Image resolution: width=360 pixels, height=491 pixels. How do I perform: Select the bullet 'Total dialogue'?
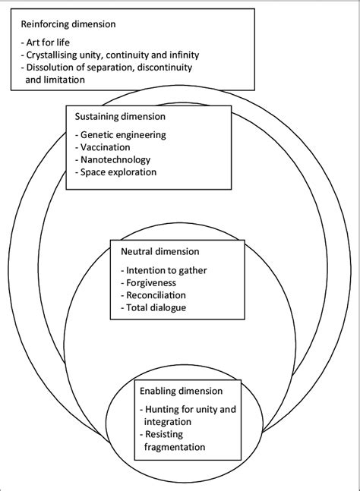click(154, 307)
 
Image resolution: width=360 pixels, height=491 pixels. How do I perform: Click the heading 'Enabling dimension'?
click(180, 391)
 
